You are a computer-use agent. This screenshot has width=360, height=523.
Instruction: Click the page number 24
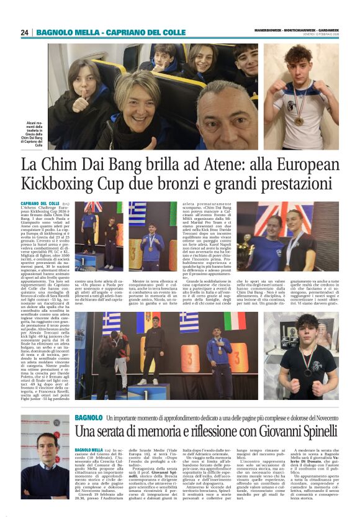click(25, 32)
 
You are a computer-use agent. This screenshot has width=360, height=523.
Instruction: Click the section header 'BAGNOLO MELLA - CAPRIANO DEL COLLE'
click(110, 32)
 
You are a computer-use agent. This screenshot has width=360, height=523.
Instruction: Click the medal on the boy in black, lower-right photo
click(307, 371)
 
